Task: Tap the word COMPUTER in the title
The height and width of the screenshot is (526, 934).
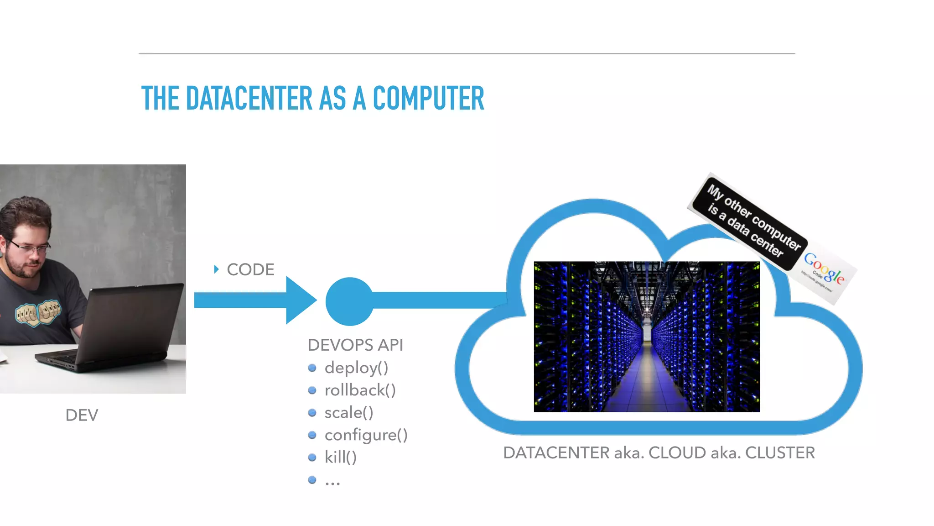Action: click(x=428, y=99)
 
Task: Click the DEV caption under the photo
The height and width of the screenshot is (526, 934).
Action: click(x=82, y=415)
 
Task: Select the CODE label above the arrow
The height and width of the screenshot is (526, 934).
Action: click(x=250, y=269)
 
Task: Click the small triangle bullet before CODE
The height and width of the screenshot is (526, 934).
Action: click(x=216, y=269)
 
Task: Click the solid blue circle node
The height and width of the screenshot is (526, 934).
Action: click(x=349, y=301)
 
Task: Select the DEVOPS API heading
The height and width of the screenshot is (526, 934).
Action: click(x=355, y=345)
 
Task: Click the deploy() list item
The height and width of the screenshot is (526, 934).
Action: click(x=356, y=368)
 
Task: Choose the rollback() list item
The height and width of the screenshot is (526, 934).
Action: click(x=360, y=390)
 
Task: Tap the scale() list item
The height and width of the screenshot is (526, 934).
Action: click(x=349, y=412)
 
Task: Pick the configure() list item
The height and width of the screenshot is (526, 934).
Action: click(x=366, y=435)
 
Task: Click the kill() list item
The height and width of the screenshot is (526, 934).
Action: click(x=340, y=457)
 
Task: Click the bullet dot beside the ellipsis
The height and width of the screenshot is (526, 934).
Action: click(x=312, y=480)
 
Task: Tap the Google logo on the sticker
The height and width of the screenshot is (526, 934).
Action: click(x=824, y=268)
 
